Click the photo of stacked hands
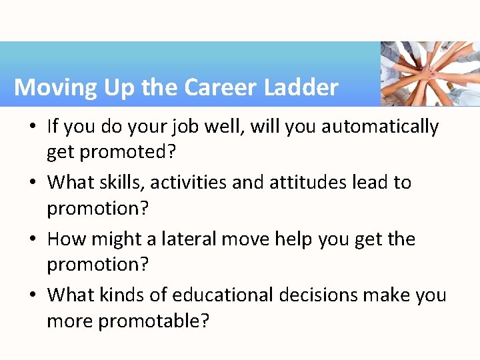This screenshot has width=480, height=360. [430, 74]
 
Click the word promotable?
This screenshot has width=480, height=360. [154, 321]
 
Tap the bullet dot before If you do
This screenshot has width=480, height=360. [34, 127]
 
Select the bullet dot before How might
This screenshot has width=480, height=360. [34, 239]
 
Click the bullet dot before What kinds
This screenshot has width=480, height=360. [34, 295]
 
